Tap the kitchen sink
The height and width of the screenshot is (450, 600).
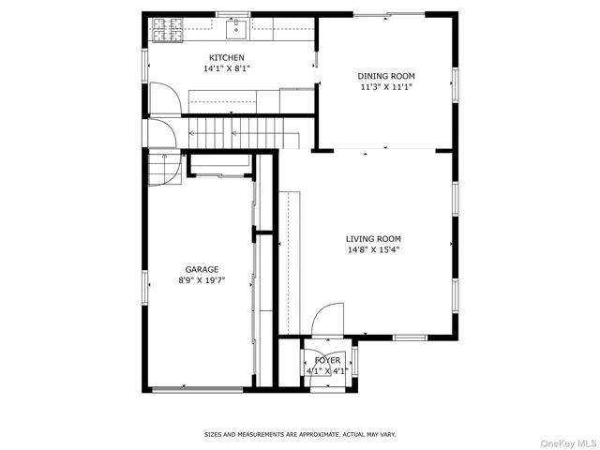(234, 30)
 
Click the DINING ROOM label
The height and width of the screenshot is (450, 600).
(385, 76)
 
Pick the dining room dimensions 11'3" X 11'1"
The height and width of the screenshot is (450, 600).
(385, 87)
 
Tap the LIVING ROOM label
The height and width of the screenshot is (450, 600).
(373, 239)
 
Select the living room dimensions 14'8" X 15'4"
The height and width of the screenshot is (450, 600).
(373, 250)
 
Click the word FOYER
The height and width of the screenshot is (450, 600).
(327, 360)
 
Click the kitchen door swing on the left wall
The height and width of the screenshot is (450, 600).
(162, 98)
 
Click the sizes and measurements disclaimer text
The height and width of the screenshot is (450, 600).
(300, 434)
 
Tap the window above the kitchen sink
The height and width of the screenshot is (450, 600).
(228, 14)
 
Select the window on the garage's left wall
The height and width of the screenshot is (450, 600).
(145, 285)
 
